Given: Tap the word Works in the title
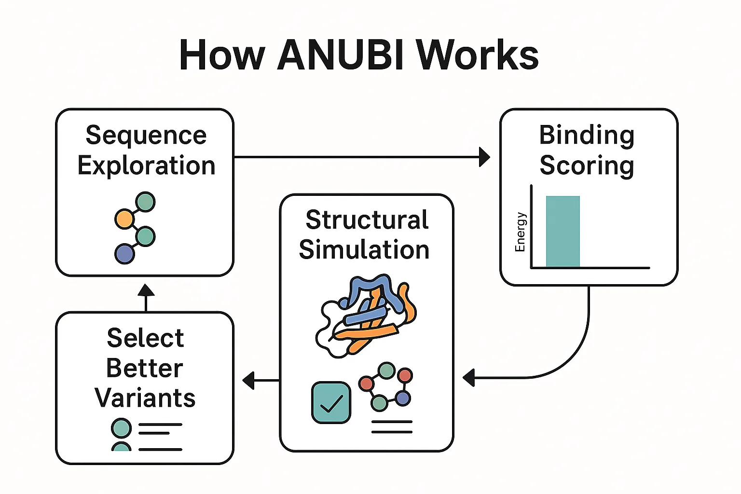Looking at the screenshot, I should (477, 55).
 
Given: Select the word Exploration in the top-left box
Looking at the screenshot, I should (146, 165).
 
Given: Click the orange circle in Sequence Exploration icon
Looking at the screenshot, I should (124, 219).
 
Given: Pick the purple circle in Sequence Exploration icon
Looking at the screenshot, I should (124, 254).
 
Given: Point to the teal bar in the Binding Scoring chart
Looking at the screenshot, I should (563, 231).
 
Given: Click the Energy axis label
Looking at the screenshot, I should (520, 232).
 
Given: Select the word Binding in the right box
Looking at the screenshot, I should (587, 135).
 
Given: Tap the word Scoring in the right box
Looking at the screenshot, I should (587, 165).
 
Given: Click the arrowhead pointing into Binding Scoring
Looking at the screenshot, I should (484, 157).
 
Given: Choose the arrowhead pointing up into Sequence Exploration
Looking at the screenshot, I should (146, 290).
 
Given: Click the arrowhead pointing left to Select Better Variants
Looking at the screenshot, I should (248, 380).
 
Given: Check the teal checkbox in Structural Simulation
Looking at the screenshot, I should (331, 402).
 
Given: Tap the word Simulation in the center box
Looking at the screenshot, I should (364, 250).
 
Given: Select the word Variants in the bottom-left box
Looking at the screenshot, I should (145, 398).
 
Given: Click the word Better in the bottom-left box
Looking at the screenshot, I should (145, 368).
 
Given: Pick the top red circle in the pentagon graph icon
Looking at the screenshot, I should (405, 375).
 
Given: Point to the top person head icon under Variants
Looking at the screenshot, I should (121, 428).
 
